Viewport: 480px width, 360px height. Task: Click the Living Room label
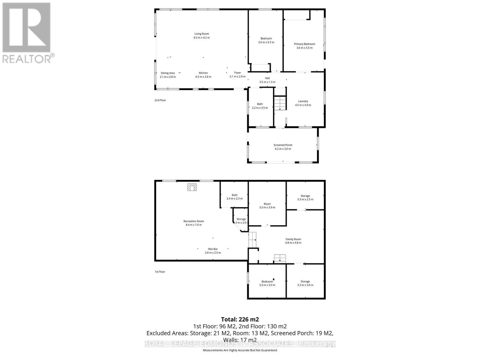click(201, 34)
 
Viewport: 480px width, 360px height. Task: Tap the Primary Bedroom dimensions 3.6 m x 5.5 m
click(304, 48)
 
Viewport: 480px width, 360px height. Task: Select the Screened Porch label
click(283, 145)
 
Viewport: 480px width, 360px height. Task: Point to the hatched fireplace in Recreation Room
click(192, 187)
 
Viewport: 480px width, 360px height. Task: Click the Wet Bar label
click(213, 249)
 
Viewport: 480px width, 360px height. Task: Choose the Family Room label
click(293, 239)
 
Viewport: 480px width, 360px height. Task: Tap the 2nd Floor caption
click(160, 100)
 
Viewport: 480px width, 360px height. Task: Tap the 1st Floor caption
click(160, 272)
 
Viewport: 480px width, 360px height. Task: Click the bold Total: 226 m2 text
click(240, 319)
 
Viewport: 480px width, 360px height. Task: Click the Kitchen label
click(203, 73)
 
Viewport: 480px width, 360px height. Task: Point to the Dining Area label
click(168, 73)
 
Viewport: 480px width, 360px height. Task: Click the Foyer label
click(237, 73)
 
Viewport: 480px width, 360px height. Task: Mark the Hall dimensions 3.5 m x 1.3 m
click(267, 82)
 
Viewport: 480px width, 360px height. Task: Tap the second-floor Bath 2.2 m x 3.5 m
click(260, 106)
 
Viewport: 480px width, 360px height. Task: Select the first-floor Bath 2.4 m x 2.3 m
click(234, 197)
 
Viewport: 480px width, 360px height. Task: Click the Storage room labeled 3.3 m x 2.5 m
click(305, 198)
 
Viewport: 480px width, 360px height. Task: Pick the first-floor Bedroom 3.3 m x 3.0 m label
click(267, 283)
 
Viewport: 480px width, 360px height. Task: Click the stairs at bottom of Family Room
click(280, 258)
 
